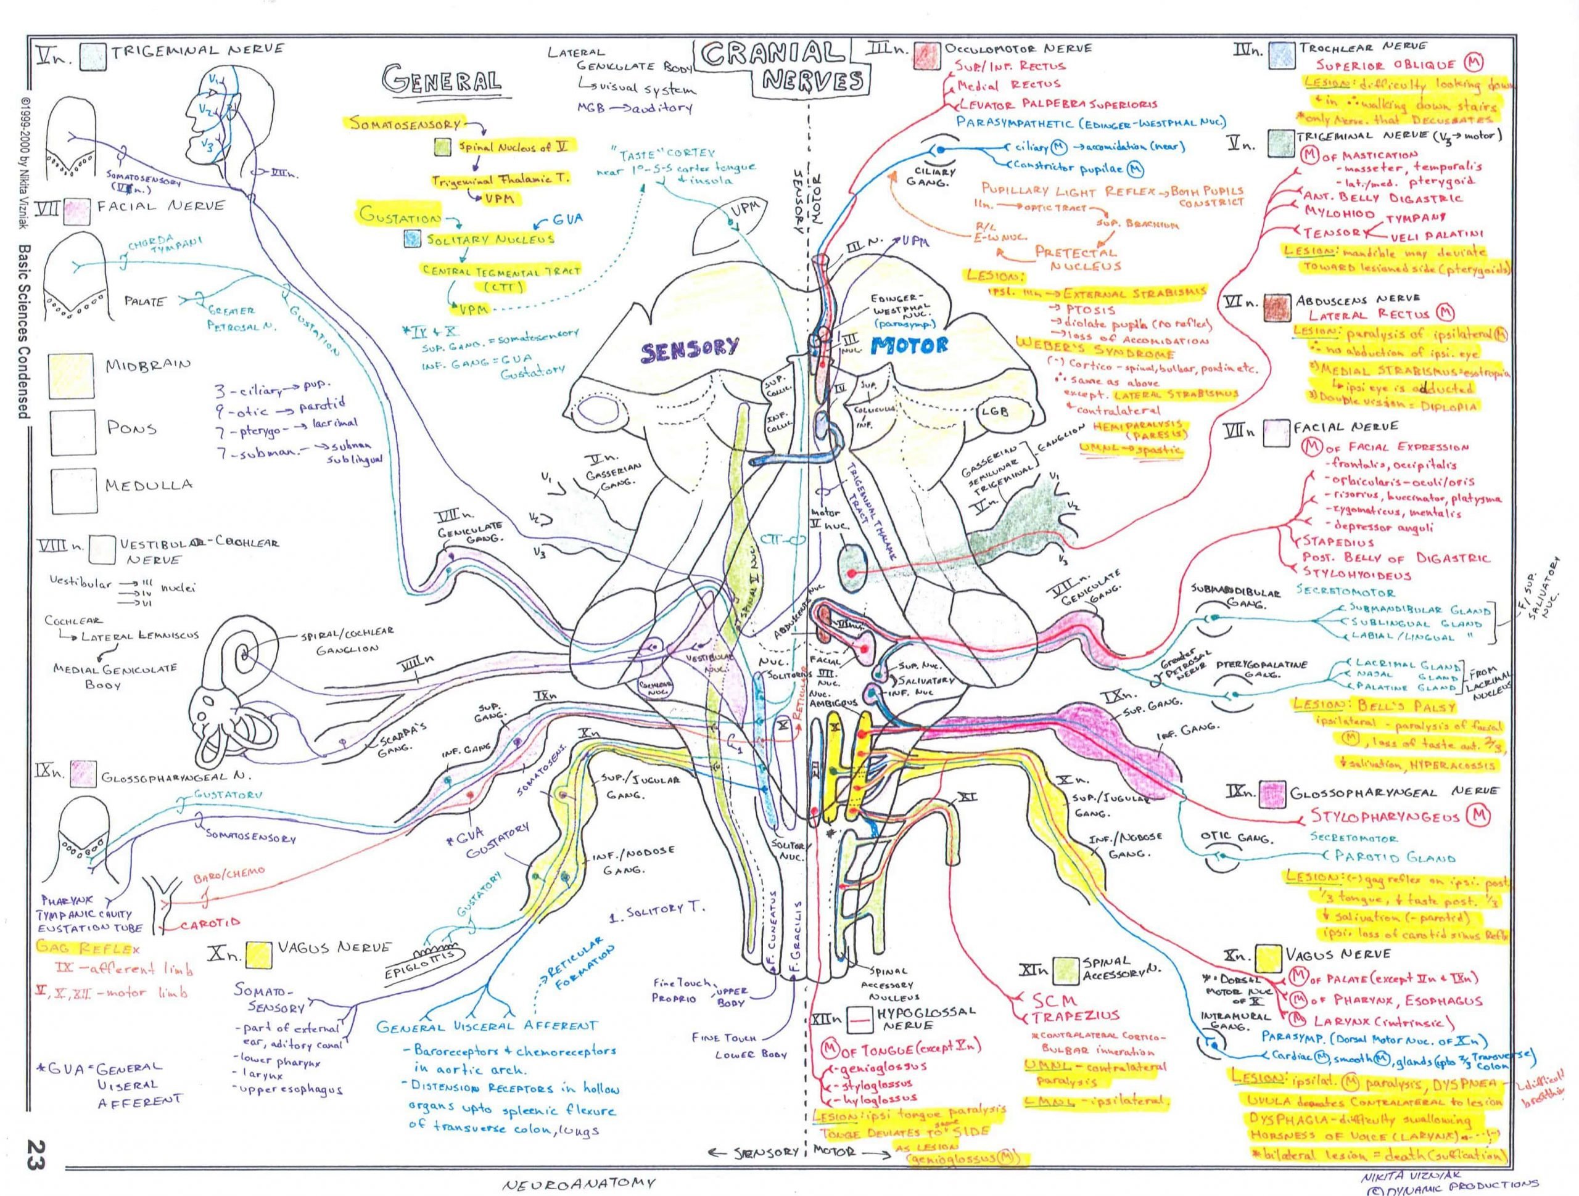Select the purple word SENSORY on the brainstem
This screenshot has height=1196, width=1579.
(689, 348)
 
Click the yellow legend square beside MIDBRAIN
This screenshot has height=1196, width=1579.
(71, 376)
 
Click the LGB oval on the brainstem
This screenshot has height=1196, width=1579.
(994, 412)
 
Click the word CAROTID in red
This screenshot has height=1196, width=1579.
(210, 924)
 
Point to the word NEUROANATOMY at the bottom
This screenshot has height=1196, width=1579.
(578, 1183)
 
